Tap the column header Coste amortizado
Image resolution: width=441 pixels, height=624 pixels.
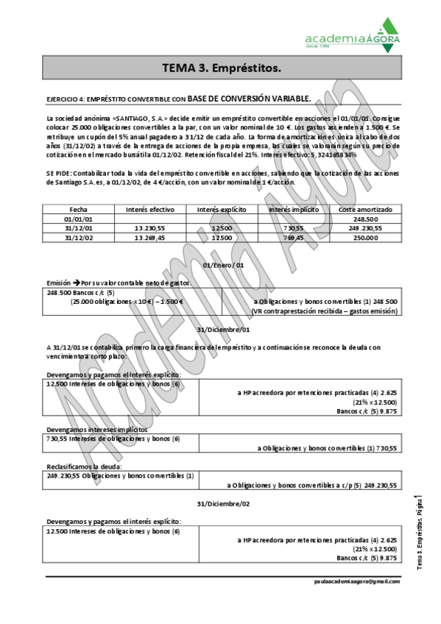(x=364, y=210)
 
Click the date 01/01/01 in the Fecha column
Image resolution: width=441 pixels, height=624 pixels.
(x=78, y=219)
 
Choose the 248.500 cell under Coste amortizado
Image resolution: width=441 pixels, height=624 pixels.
(x=365, y=219)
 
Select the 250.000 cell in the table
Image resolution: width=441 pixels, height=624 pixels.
(x=365, y=238)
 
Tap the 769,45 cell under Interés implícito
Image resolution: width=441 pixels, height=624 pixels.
(x=293, y=238)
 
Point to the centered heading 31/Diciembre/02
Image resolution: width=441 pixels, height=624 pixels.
(x=223, y=503)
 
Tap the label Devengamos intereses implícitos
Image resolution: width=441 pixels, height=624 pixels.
(x=96, y=429)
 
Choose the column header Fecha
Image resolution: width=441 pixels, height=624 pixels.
(x=78, y=210)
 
